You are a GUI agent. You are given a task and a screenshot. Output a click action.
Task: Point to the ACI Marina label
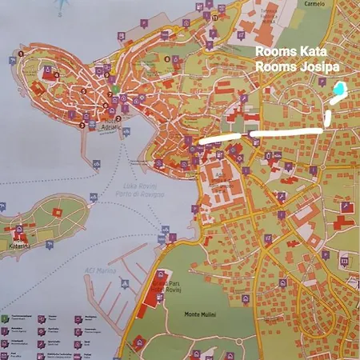pos(98,270)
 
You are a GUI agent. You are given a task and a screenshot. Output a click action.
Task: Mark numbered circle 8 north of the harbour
pos(167,58)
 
